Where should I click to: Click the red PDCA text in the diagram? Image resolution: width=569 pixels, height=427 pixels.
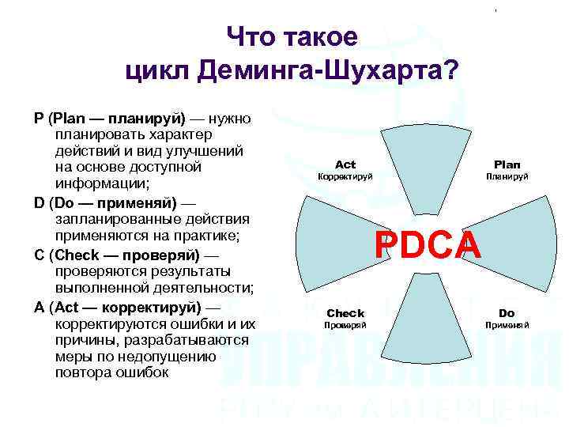(428, 245)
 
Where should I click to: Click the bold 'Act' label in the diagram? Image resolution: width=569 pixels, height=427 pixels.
(345, 164)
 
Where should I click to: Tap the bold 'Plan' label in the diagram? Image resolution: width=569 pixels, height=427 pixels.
(507, 164)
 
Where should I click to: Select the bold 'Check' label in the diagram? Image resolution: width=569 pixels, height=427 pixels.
(345, 313)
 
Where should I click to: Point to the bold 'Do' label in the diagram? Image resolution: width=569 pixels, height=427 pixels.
(507, 313)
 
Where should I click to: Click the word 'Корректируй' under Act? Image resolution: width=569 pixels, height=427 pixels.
(345, 177)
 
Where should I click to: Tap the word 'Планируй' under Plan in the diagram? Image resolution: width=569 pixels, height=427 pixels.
(507, 177)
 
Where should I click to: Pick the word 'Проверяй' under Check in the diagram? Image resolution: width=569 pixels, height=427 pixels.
(345, 325)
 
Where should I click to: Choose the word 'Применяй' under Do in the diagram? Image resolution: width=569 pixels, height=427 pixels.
(507, 325)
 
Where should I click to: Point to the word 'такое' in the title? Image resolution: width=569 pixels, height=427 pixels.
(324, 36)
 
